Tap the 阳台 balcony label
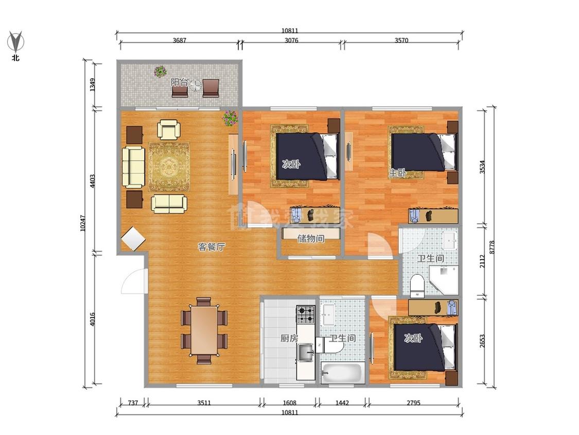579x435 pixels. [x=180, y=82]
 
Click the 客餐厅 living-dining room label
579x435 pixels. [x=211, y=247]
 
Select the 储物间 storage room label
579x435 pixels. [x=311, y=239]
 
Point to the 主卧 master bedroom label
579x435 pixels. [x=397, y=172]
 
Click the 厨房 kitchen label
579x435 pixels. [x=289, y=338]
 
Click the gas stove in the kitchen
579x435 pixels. [x=306, y=314]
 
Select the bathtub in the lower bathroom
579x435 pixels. [x=342, y=373]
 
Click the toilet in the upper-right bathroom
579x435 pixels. [x=417, y=285]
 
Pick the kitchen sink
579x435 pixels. [x=306, y=353]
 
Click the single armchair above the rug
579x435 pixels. [x=169, y=129]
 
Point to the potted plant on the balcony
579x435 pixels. [x=160, y=72]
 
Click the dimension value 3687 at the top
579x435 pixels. [x=180, y=40]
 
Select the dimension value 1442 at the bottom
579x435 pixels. [x=342, y=403]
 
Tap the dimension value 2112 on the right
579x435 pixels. [x=482, y=261]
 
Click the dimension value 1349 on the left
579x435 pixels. [x=93, y=85]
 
